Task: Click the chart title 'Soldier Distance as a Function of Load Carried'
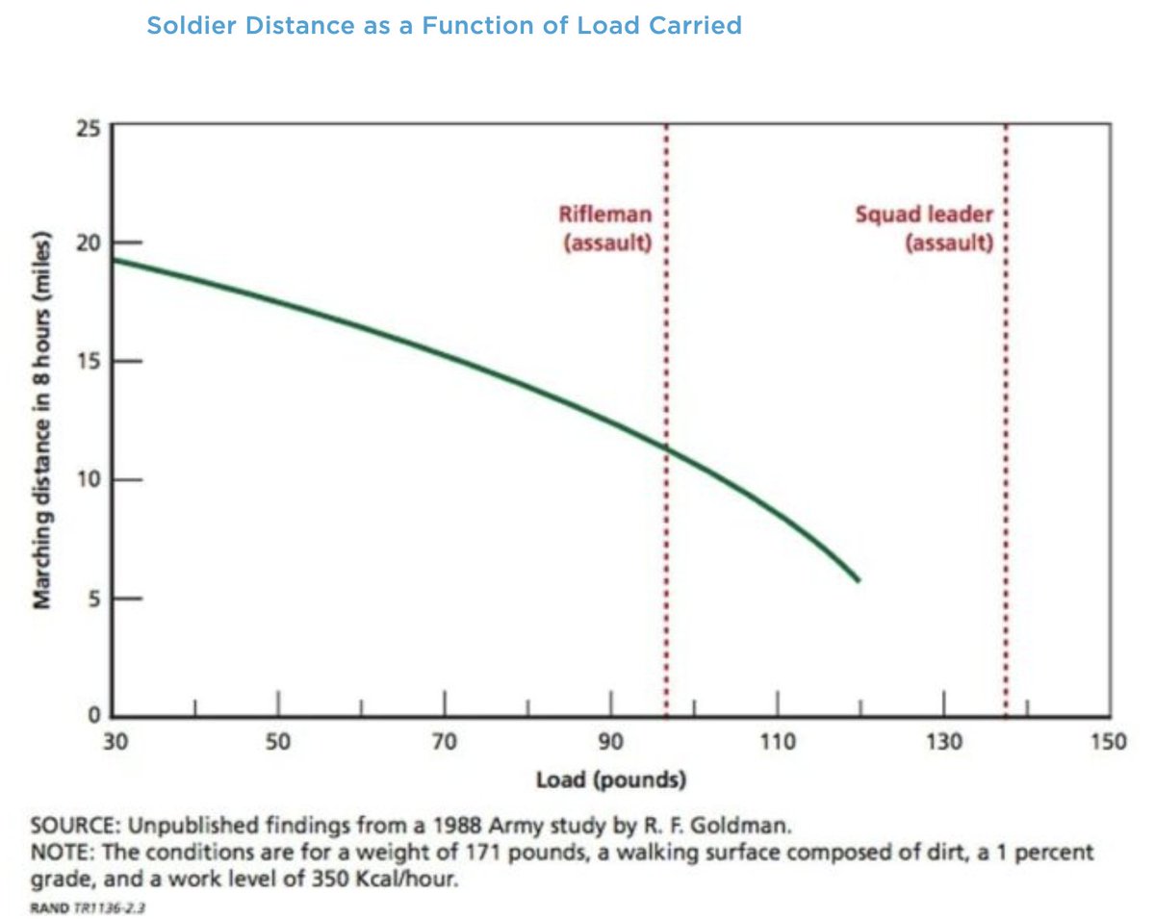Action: [x=444, y=25]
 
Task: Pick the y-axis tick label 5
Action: [x=93, y=599]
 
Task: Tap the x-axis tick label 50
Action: [x=278, y=743]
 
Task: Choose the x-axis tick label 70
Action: [x=444, y=743]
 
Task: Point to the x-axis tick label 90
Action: [x=610, y=743]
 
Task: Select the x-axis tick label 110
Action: [x=776, y=743]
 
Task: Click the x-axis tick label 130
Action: [x=943, y=743]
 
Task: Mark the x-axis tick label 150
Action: [x=1108, y=743]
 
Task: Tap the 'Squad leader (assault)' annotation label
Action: [x=925, y=229]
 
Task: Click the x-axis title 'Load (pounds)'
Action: [x=610, y=779]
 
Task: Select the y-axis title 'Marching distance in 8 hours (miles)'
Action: [x=42, y=420]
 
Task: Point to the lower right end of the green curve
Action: [x=857, y=579]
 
